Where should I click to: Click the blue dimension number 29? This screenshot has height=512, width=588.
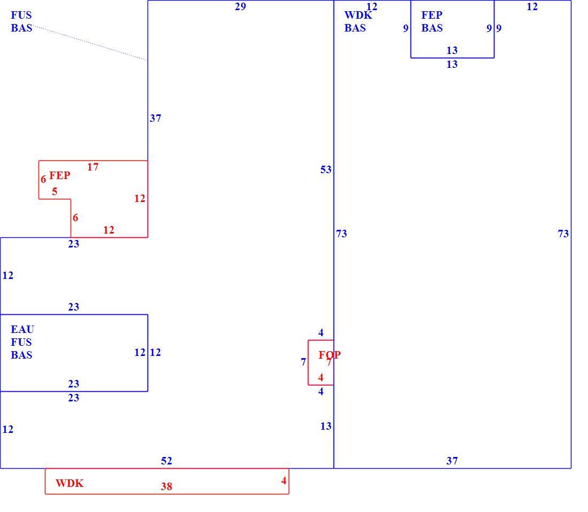(x=241, y=7)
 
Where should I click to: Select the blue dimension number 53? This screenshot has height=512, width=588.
(x=326, y=170)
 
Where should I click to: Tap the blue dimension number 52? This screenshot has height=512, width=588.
(x=166, y=461)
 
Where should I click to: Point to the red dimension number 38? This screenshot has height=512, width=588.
(x=166, y=486)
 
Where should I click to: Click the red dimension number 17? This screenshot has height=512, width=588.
(x=92, y=167)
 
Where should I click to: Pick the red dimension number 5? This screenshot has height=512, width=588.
(x=55, y=191)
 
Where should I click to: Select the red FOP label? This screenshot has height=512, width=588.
(x=330, y=354)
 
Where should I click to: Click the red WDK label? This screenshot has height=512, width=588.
(x=69, y=483)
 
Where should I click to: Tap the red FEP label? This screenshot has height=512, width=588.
(x=60, y=175)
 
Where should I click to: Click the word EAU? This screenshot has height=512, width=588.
(x=22, y=329)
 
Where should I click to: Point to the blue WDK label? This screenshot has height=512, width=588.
(x=358, y=15)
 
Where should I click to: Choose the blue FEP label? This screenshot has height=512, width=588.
(x=431, y=15)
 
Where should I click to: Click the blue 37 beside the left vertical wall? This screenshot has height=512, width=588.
(x=155, y=119)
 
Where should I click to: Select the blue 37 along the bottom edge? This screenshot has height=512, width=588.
(x=452, y=461)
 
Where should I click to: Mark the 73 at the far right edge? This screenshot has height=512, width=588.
(x=563, y=234)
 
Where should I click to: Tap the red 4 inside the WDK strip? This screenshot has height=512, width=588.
(x=284, y=480)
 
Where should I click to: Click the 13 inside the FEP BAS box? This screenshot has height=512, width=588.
(x=452, y=50)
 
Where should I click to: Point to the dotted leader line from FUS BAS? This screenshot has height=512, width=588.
(x=90, y=43)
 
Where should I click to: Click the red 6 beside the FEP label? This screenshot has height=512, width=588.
(x=43, y=179)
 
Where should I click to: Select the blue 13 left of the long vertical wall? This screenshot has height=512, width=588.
(x=326, y=426)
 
